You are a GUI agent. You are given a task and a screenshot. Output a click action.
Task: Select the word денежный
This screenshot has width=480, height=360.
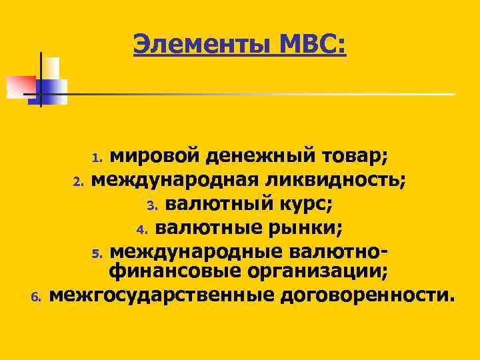[260, 157]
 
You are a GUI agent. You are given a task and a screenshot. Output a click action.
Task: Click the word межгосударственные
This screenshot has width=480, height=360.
[160, 293]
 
